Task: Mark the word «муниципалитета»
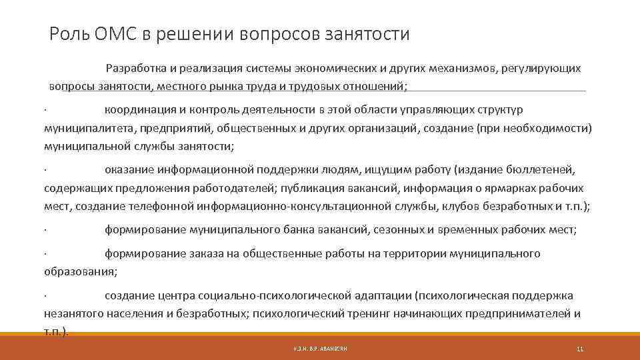coord(83,128)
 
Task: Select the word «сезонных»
coord(395,230)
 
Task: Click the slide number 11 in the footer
coord(579,349)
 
